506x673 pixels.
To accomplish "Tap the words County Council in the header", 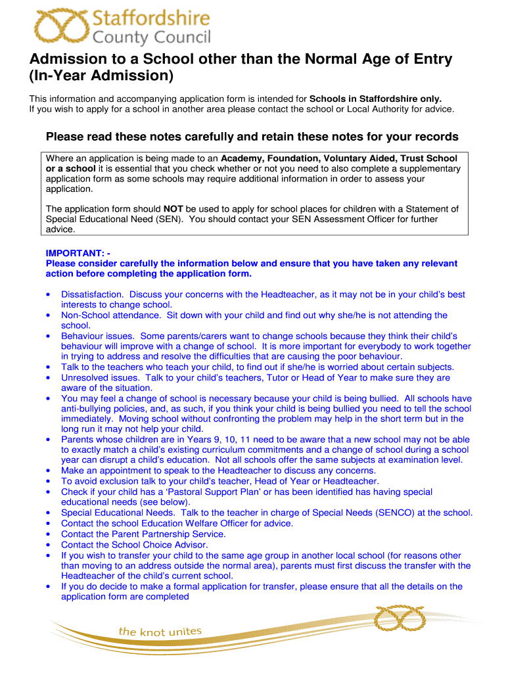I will (x=152, y=37).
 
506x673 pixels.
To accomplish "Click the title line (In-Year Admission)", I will (x=102, y=76).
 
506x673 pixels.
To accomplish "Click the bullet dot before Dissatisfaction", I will (x=49, y=294).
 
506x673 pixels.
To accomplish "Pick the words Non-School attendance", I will (x=111, y=315).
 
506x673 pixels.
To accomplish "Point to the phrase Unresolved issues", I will (x=100, y=378).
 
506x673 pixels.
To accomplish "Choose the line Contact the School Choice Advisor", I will (x=134, y=544).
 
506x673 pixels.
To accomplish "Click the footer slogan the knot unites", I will (x=160, y=632).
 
